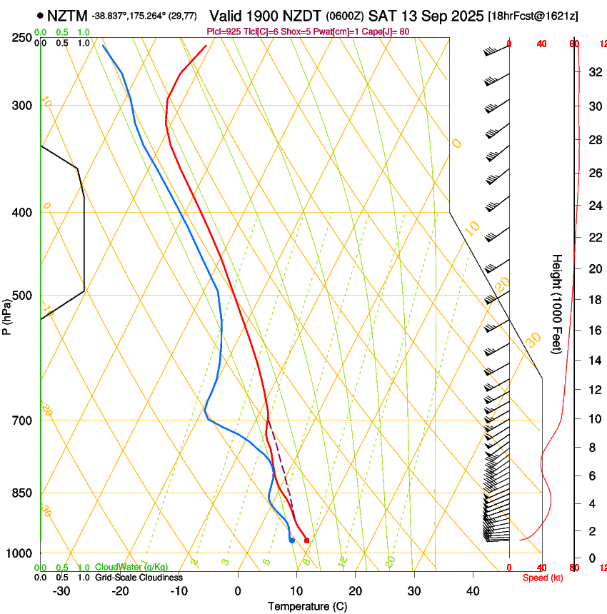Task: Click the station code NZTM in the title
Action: tap(68, 15)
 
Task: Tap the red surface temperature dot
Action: tap(306, 540)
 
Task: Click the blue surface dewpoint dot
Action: tap(292, 540)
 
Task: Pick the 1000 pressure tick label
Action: tap(18, 553)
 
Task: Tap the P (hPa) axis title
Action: tap(7, 315)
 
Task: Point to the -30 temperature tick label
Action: tap(61, 591)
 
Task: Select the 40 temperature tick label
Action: tap(473, 591)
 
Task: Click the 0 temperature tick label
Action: tap(238, 591)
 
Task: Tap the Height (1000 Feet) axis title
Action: tap(558, 304)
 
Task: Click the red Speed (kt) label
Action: tap(542, 578)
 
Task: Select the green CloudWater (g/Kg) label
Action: tap(131, 568)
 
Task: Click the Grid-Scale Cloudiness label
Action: tap(139, 578)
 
